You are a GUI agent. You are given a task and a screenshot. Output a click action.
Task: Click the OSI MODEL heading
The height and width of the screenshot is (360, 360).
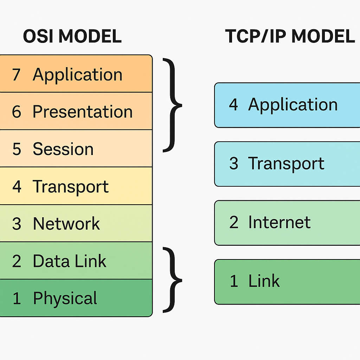pos(72,36)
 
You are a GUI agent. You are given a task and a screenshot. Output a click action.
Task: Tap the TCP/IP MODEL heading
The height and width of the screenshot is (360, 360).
pos(290,36)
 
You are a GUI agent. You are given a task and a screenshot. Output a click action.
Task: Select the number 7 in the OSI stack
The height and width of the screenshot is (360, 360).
pos(16,75)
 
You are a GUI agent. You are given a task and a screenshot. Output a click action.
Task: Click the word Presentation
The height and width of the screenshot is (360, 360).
pos(83,111)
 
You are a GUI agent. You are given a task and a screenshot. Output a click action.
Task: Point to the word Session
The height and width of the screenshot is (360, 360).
pos(63,149)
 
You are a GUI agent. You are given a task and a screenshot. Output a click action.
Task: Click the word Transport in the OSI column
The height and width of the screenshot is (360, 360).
pos(70,187)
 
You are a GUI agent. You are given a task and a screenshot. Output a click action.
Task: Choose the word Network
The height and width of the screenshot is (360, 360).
pos(66,223)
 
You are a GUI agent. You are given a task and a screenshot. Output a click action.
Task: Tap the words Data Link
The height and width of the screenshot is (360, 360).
pos(70,261)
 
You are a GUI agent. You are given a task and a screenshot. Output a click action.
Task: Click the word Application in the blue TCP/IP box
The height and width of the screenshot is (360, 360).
pos(293,105)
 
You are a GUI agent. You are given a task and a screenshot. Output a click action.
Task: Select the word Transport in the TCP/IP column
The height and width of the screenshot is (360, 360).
pos(286,164)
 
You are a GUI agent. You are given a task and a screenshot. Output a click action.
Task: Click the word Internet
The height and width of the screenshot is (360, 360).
pos(279,222)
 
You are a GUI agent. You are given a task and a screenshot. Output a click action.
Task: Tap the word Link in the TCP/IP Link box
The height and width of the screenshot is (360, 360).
pos(264,281)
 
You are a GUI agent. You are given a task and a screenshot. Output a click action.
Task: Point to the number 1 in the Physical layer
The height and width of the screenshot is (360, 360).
pos(17,298)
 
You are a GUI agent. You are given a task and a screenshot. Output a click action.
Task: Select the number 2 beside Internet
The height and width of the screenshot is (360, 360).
pos(234,222)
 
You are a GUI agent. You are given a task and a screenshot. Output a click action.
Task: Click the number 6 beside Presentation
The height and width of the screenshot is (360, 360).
pos(17,111)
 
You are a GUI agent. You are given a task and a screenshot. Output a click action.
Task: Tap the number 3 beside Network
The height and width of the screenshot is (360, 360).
pos(17,223)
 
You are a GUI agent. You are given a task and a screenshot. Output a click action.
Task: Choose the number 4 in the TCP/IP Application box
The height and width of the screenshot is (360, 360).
pos(233,104)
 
